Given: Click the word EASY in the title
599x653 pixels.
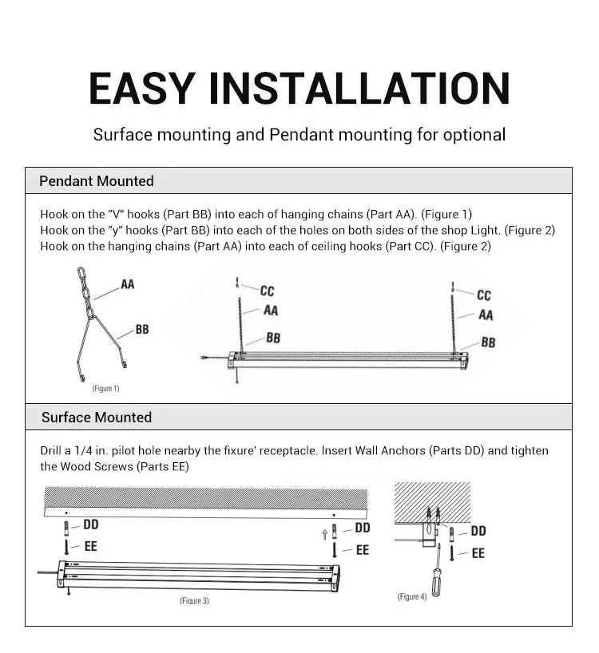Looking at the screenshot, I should [140, 88].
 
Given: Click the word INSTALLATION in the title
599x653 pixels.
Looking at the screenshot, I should [359, 88].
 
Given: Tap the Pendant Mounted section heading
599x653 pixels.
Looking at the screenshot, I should [97, 181].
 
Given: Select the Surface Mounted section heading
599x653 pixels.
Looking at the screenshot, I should [96, 418].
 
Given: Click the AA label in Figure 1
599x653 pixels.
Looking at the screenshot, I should [128, 284].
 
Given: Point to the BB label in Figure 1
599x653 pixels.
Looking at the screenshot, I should [142, 329].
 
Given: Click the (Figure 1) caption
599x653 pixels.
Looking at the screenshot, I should [105, 389].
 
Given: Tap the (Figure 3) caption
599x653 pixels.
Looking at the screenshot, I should [194, 600].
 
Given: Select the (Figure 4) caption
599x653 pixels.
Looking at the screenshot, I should [412, 597].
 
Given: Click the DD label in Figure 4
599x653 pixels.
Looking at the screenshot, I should [478, 531].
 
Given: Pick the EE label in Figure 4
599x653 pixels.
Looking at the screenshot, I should [478, 552].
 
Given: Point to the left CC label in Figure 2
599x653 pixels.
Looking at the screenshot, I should [267, 291].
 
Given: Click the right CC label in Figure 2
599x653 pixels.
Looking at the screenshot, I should [484, 295].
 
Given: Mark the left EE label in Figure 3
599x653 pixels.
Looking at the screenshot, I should [90, 547].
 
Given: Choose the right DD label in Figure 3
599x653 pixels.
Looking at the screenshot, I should [363, 528].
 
